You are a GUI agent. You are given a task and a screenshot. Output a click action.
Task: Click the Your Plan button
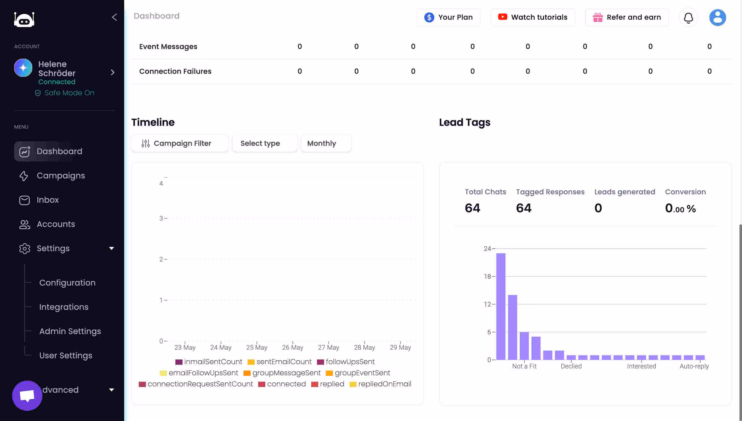(448, 17)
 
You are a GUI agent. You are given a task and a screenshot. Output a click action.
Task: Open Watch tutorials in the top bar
(533, 17)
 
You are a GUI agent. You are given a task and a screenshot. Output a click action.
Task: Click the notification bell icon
(688, 18)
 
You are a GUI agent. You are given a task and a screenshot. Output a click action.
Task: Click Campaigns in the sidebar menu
(61, 176)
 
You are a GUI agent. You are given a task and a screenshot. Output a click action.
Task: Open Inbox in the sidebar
(48, 200)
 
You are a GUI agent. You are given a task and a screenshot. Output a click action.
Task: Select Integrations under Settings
(64, 307)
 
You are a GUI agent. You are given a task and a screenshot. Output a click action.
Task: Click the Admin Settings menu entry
(70, 331)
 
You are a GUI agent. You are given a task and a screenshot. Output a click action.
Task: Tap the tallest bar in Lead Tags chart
(501, 307)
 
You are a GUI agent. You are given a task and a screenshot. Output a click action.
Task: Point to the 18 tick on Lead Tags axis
(487, 276)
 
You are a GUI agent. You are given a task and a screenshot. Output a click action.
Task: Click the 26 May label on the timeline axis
(293, 347)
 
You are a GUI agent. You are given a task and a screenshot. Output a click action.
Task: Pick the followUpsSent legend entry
(350, 362)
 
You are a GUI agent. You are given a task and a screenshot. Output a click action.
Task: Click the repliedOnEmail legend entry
(384, 384)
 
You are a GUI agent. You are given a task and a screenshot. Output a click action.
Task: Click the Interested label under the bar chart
(641, 366)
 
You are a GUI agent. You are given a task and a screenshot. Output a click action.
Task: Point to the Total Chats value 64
(472, 208)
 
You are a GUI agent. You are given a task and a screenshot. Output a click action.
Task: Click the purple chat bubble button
(27, 395)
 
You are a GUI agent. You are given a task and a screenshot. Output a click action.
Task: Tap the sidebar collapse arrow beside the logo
(114, 17)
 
